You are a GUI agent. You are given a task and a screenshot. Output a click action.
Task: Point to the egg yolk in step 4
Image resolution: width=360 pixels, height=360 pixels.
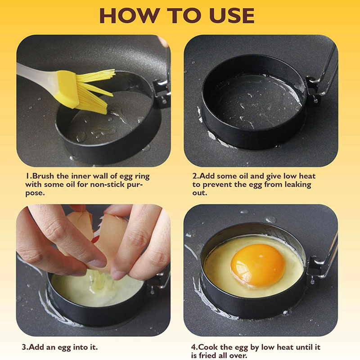[x=257, y=265]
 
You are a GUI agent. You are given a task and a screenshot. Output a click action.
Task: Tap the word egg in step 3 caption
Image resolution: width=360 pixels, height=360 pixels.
[x=64, y=347]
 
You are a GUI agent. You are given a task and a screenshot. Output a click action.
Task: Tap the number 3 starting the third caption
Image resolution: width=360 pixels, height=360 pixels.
[x=24, y=346]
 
